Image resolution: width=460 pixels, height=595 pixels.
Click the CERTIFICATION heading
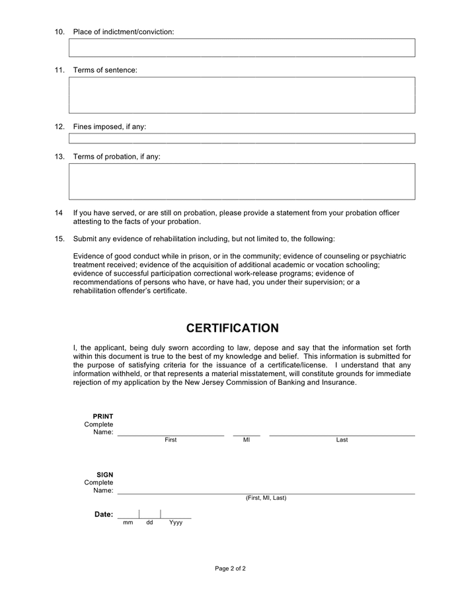tap(232, 329)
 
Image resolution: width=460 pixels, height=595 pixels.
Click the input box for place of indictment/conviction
tap(242, 48)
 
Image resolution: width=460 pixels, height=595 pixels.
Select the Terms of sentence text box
tap(242, 95)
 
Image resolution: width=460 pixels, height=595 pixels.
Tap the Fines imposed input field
tap(242, 138)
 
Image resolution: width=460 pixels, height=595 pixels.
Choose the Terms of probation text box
tap(242, 181)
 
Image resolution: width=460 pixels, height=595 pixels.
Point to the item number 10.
tap(59, 32)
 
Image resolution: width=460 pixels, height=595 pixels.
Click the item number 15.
tap(59, 239)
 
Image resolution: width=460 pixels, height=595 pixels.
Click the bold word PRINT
tap(103, 416)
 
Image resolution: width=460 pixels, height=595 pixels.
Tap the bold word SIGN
tap(104, 475)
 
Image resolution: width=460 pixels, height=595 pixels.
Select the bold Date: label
tap(104, 514)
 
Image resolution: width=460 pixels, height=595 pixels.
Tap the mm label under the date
tap(128, 522)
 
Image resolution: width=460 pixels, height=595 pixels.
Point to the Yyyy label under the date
tap(176, 522)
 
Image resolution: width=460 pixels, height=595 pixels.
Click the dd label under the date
tap(149, 522)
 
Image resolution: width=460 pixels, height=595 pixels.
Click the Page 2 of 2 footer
tap(230, 569)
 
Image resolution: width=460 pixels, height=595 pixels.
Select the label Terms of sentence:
tap(105, 70)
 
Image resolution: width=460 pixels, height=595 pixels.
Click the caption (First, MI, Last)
tap(266, 498)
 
